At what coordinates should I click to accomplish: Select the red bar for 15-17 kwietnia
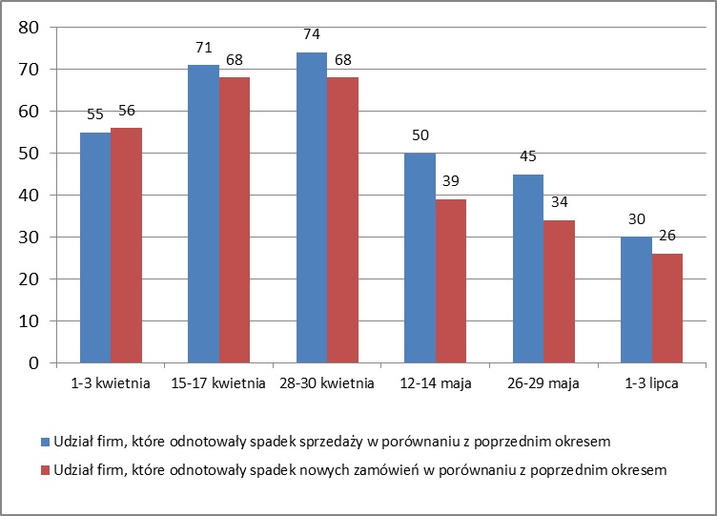(x=234, y=220)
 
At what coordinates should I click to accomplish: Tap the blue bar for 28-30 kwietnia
(x=311, y=208)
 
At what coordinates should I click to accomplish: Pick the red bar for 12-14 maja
(x=450, y=281)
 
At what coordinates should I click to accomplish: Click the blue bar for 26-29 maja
(x=527, y=269)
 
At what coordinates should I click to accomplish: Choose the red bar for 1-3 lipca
(x=666, y=308)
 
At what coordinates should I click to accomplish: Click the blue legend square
(x=46, y=442)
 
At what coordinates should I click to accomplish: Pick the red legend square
(x=46, y=469)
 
